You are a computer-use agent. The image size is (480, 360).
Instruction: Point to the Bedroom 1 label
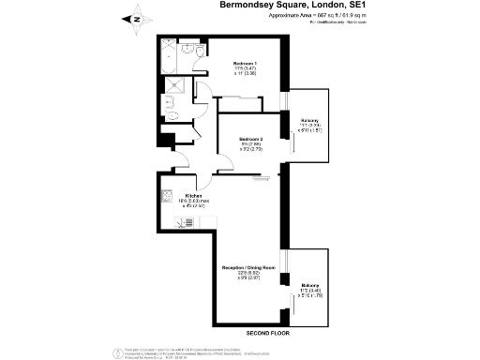click(x=247, y=62)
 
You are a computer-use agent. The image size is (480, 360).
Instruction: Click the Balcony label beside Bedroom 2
click(x=310, y=121)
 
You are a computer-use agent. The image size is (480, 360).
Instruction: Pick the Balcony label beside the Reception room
click(x=309, y=284)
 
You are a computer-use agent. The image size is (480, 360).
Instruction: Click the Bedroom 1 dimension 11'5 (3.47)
click(x=246, y=68)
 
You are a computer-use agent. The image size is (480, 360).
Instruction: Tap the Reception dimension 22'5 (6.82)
click(x=247, y=273)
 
